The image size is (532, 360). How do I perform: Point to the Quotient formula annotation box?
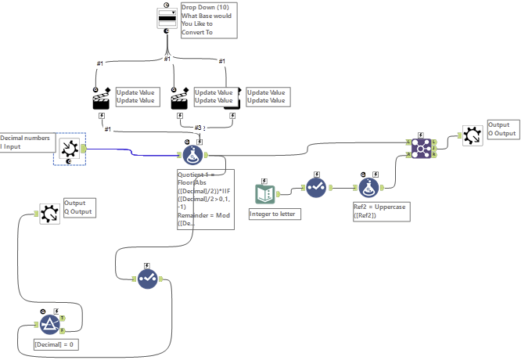205,200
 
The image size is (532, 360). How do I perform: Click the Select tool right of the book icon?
315,187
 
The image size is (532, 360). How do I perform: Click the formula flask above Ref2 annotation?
368,187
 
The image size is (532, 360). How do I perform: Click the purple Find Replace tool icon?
423,146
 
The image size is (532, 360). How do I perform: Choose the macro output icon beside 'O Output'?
472,135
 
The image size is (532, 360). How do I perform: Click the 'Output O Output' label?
503,129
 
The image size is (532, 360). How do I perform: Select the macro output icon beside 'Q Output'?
49,213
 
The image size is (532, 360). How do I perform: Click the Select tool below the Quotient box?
149,278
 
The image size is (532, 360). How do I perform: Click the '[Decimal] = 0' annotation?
56,344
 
